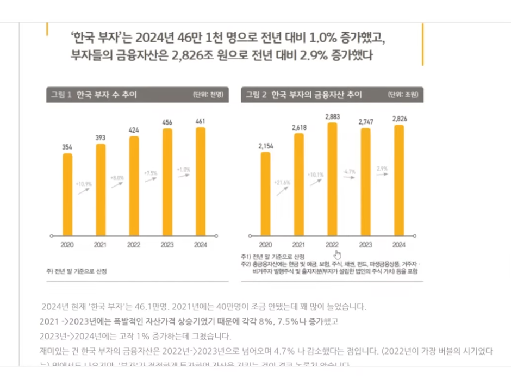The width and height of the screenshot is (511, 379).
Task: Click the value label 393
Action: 101,138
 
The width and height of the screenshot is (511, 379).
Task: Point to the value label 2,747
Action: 366,123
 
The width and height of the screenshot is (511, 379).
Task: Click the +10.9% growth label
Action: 84,184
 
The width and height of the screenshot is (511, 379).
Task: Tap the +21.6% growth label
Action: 282,182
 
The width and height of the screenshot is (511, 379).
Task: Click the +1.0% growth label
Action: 184,170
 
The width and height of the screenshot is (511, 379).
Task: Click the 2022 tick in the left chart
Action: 134,245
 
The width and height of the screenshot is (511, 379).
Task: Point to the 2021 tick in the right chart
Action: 298,245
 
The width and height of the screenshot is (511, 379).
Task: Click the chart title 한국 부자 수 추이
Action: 107,95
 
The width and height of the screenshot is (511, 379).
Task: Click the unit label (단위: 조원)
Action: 403,95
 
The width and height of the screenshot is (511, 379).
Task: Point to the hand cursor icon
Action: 338,254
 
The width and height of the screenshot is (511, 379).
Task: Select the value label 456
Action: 167,122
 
